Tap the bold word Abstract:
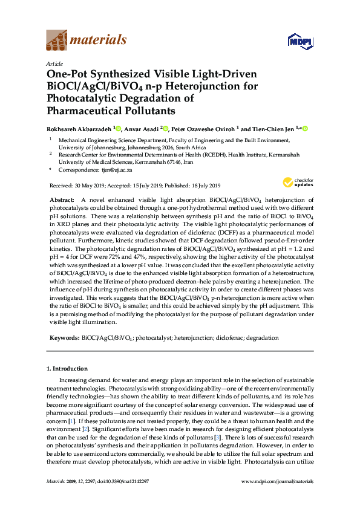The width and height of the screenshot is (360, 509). tap(62, 199)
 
